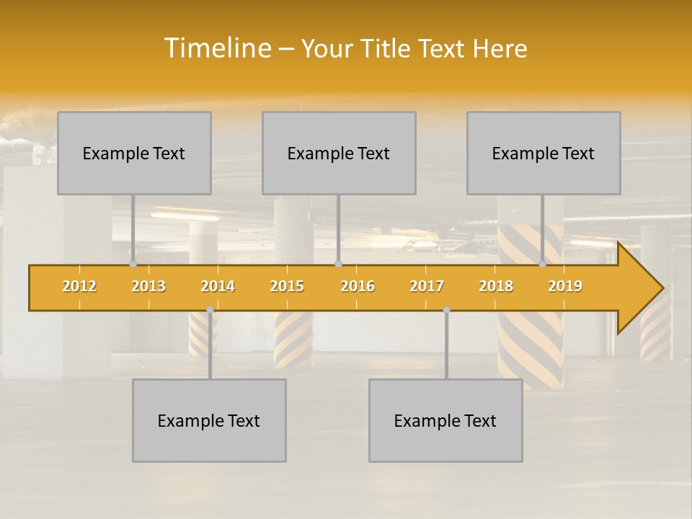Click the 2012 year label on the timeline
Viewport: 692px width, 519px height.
tap(79, 286)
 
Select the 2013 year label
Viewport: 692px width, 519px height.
tap(148, 286)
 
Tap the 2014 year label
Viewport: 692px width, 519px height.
tap(218, 286)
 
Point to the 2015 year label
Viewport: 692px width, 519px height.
tap(287, 286)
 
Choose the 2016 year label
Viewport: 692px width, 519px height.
tap(358, 286)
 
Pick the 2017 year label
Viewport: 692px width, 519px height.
tap(427, 286)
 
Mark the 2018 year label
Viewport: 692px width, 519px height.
tap(496, 286)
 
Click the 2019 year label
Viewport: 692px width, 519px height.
tap(565, 286)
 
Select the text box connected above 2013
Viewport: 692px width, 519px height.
tap(134, 153)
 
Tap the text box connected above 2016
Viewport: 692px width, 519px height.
tap(339, 153)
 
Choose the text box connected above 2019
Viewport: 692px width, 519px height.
tap(544, 153)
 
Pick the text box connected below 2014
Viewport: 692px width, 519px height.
tap(209, 420)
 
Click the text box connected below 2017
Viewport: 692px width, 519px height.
tap(445, 420)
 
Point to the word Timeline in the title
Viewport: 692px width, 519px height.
tap(217, 48)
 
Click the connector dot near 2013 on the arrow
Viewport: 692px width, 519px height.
tap(133, 265)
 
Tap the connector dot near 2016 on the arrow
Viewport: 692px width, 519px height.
tap(338, 265)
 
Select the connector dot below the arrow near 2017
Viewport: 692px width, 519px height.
tap(446, 310)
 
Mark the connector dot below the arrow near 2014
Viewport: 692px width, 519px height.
tap(210, 310)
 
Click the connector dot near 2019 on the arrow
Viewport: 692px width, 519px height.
tap(543, 265)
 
